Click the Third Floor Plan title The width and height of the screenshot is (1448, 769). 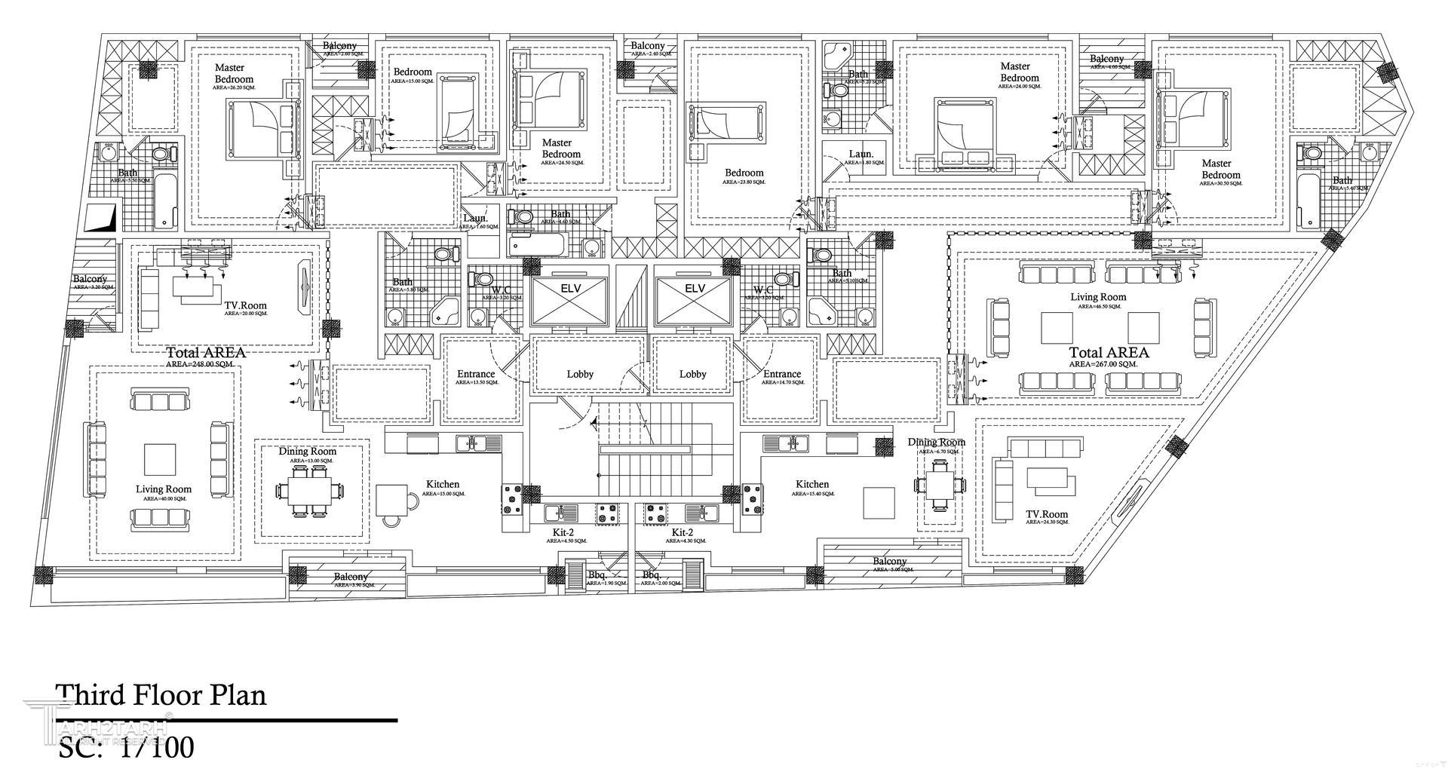click(161, 694)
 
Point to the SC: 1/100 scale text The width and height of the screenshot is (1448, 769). click(126, 746)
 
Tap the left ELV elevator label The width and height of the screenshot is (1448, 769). click(570, 289)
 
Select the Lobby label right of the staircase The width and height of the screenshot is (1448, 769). click(692, 374)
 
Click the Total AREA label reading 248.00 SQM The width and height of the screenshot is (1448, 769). click(205, 353)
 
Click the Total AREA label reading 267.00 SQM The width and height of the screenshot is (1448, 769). click(1109, 353)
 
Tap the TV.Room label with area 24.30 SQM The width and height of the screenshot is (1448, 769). click(1046, 515)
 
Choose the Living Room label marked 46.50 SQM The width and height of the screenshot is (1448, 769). click(1097, 297)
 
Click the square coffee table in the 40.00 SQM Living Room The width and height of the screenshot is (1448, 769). click(160, 459)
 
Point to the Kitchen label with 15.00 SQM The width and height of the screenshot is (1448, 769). click(443, 485)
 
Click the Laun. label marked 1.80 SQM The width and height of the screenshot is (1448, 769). click(861, 154)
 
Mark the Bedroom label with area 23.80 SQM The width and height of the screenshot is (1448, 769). click(744, 173)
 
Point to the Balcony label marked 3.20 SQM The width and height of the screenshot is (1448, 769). click(90, 279)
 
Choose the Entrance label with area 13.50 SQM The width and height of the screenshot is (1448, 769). click(476, 374)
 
